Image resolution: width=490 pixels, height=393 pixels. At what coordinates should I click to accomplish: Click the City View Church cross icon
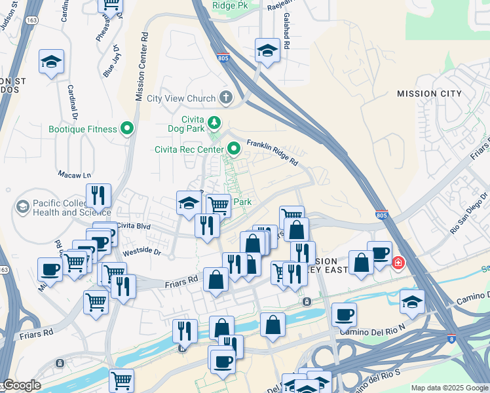(x=226, y=98)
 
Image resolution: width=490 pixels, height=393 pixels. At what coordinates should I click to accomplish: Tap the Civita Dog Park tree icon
(x=214, y=122)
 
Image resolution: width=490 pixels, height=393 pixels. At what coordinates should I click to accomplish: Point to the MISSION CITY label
(x=426, y=94)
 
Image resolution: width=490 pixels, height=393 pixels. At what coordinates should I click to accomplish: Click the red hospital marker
(x=398, y=263)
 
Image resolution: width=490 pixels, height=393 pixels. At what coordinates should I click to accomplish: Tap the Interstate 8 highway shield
(x=453, y=337)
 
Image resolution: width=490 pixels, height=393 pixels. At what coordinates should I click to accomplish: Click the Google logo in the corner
(x=22, y=385)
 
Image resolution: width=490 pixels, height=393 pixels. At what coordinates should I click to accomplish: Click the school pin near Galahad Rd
(x=267, y=50)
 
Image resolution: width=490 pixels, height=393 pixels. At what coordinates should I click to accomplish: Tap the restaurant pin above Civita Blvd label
(x=98, y=195)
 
